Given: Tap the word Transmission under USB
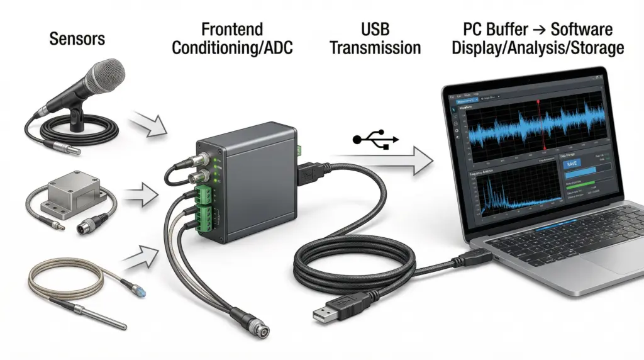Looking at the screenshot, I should click(375, 48).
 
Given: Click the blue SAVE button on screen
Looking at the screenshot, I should click(572, 164).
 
